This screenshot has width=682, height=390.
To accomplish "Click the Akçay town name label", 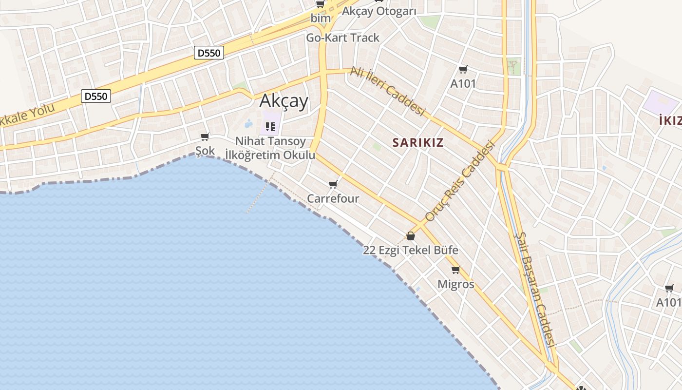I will pos(284,101).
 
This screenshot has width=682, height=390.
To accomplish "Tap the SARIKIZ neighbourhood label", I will pos(418,142).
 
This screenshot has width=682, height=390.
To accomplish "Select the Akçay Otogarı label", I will pos(379,11).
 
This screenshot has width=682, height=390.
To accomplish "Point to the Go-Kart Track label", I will pos(342,38).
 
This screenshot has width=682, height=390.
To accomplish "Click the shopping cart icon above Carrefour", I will pos(333,184).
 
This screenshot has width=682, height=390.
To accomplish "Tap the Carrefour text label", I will pos(333,198).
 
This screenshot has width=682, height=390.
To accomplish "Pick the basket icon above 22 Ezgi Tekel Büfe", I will pos(411,236).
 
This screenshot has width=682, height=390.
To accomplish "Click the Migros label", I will pos(455,284).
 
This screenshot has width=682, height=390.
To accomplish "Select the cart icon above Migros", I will pos(455,270).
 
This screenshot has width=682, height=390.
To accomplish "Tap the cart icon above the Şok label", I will pos(205,137).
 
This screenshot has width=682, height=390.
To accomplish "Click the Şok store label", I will pos(205,151).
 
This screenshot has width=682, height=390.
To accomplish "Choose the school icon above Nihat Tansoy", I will pos(270,127).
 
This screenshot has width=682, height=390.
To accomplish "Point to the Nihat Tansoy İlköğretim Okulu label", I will pos(270,148).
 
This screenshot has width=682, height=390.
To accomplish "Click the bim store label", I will pos(321,18).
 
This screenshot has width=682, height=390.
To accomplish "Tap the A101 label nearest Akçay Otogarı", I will pos(463,83).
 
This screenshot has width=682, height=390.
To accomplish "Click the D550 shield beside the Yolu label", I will pos(95,97).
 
